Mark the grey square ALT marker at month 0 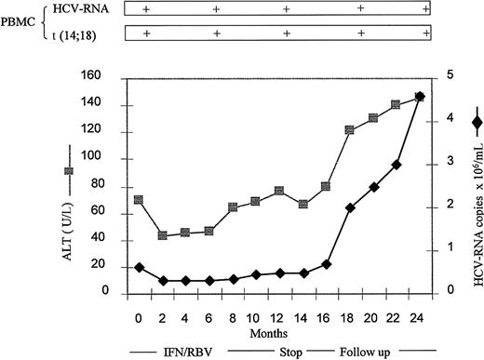click(x=139, y=200)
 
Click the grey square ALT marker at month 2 click(x=162, y=235)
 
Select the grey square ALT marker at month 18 click(x=350, y=130)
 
